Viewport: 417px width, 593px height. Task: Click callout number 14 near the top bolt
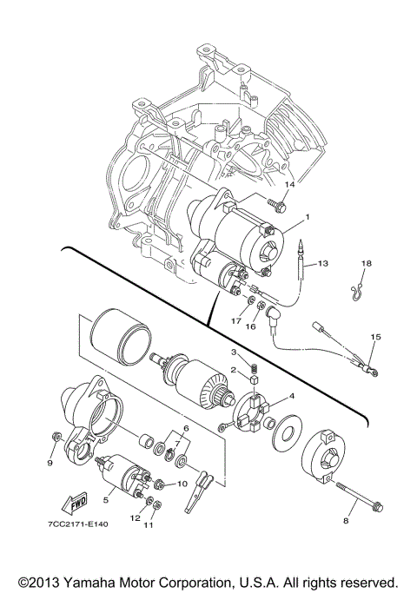point(290,185)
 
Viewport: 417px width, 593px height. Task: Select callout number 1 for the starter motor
point(306,215)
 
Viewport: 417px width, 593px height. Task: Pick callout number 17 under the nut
point(235,322)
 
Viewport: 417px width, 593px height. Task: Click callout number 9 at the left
point(50,463)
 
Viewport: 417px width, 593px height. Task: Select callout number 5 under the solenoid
point(106,499)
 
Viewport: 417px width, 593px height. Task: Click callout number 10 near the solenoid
point(182,483)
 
